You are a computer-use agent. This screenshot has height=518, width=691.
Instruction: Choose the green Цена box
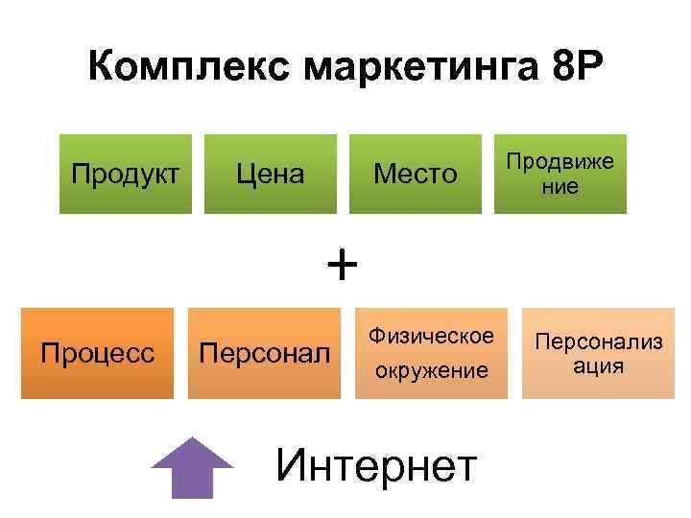click(x=272, y=174)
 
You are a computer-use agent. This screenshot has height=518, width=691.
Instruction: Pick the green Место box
click(x=416, y=174)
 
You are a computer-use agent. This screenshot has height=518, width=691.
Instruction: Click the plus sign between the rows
click(x=341, y=262)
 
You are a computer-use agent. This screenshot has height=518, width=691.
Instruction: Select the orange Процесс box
click(x=98, y=352)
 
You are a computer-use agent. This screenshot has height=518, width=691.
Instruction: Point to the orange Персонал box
click(x=264, y=352)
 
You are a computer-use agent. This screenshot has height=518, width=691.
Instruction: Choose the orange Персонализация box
click(x=598, y=352)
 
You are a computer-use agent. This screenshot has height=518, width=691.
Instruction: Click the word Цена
click(x=272, y=175)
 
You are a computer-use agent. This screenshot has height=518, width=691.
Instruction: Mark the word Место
click(x=416, y=175)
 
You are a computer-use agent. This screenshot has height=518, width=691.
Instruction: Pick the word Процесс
click(x=98, y=353)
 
